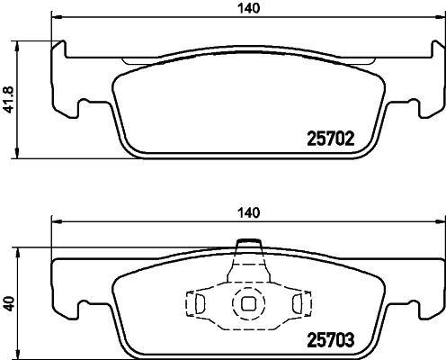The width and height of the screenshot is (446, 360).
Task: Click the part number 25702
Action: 330,139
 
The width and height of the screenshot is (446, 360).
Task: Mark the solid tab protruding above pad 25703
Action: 247,246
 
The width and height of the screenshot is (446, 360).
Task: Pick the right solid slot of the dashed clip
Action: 293,304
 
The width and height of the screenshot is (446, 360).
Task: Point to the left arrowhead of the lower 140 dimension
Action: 57,222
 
